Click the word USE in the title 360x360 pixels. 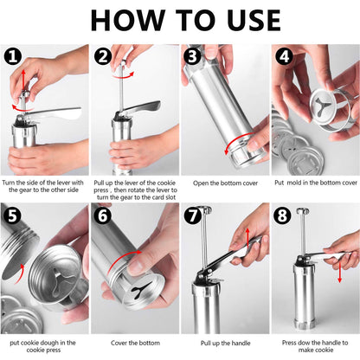coord(254,20)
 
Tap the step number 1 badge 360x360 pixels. coord(13,56)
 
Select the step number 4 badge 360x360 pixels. coord(284,56)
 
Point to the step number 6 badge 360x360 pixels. coord(103,215)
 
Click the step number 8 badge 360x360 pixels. coord(282,215)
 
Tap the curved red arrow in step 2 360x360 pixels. coord(123,75)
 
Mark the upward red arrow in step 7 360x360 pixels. coord(247,238)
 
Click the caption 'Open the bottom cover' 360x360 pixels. coord(225,183)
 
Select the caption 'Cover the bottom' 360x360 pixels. coord(135,343)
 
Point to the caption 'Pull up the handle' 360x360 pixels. coord(225,344)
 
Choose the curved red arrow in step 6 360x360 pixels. coord(123,261)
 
